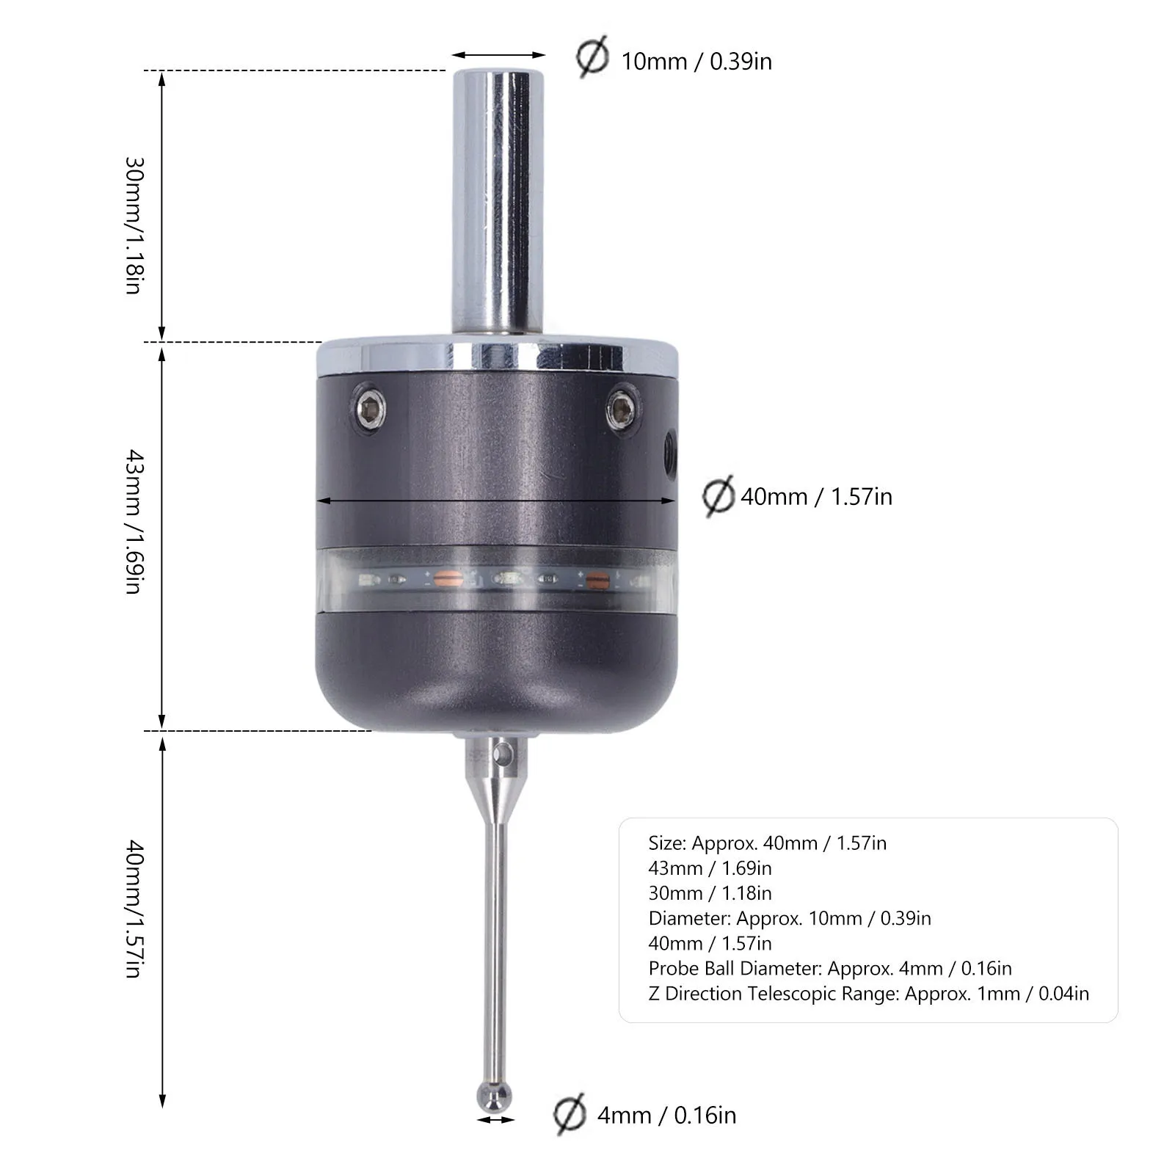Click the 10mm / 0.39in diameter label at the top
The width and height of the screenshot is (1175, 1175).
696,61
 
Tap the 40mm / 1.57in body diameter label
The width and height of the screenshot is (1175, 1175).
816,497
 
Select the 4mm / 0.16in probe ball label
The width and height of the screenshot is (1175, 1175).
666,1116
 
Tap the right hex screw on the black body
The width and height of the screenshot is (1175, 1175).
622,407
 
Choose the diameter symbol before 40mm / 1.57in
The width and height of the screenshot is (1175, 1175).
718,496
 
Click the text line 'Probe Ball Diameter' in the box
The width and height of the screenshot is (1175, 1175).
829,968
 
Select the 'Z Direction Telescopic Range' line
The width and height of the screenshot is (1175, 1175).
868,994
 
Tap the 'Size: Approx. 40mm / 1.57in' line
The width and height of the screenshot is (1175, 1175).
767,843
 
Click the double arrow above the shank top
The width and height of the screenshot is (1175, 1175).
498,55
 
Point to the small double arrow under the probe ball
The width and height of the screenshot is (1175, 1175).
495,1120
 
